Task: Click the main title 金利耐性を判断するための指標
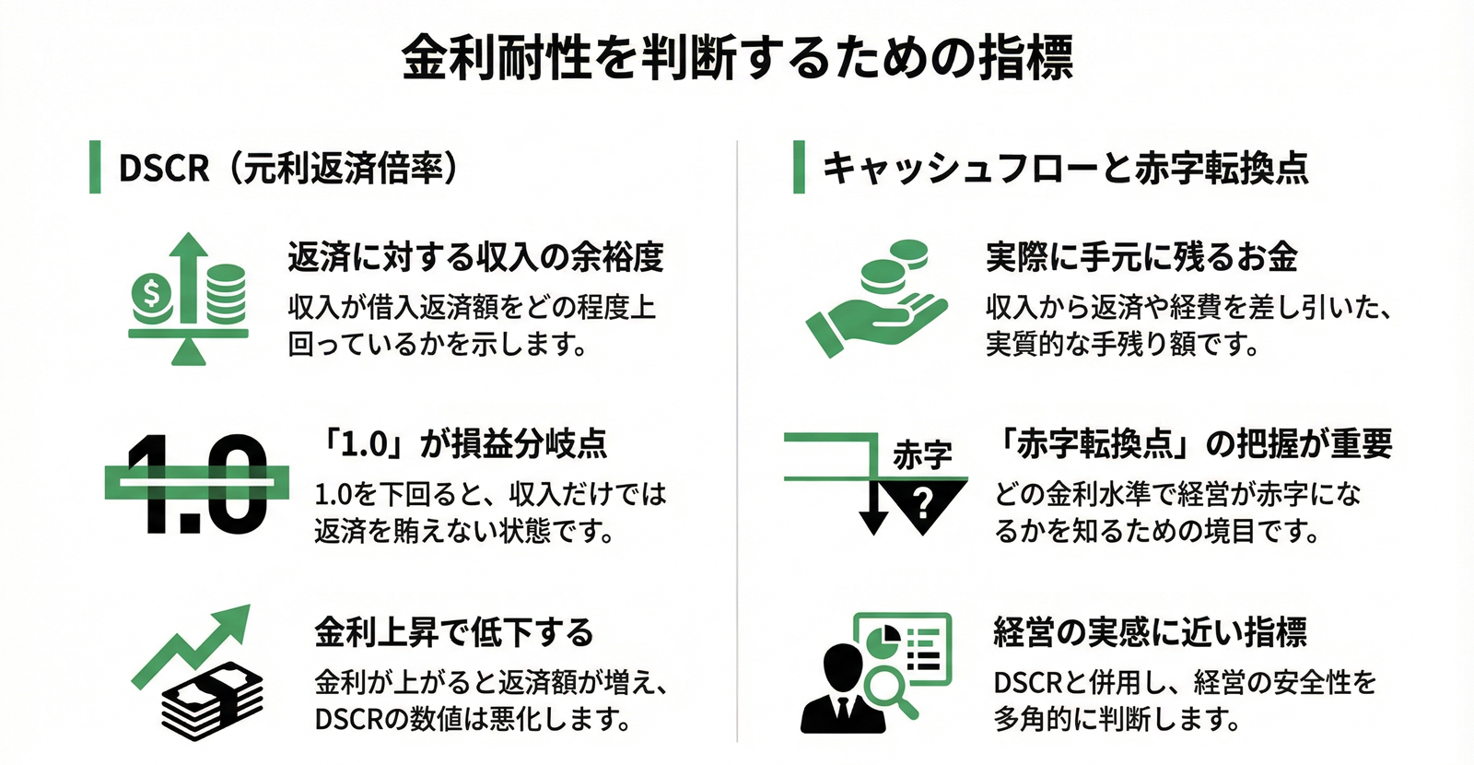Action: click(x=737, y=57)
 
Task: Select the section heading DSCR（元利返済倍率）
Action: click(x=288, y=168)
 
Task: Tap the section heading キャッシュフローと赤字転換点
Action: click(x=1065, y=168)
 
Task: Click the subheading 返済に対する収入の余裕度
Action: click(x=475, y=257)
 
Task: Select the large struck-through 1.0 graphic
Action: click(x=196, y=483)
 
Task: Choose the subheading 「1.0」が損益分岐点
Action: click(x=461, y=444)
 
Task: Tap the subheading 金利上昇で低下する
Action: click(x=454, y=632)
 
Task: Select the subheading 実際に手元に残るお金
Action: click(x=1141, y=257)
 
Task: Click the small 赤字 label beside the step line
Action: click(x=921, y=455)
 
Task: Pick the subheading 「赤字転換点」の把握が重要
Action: click(x=1194, y=444)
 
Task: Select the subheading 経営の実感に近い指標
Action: click(x=1150, y=632)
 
